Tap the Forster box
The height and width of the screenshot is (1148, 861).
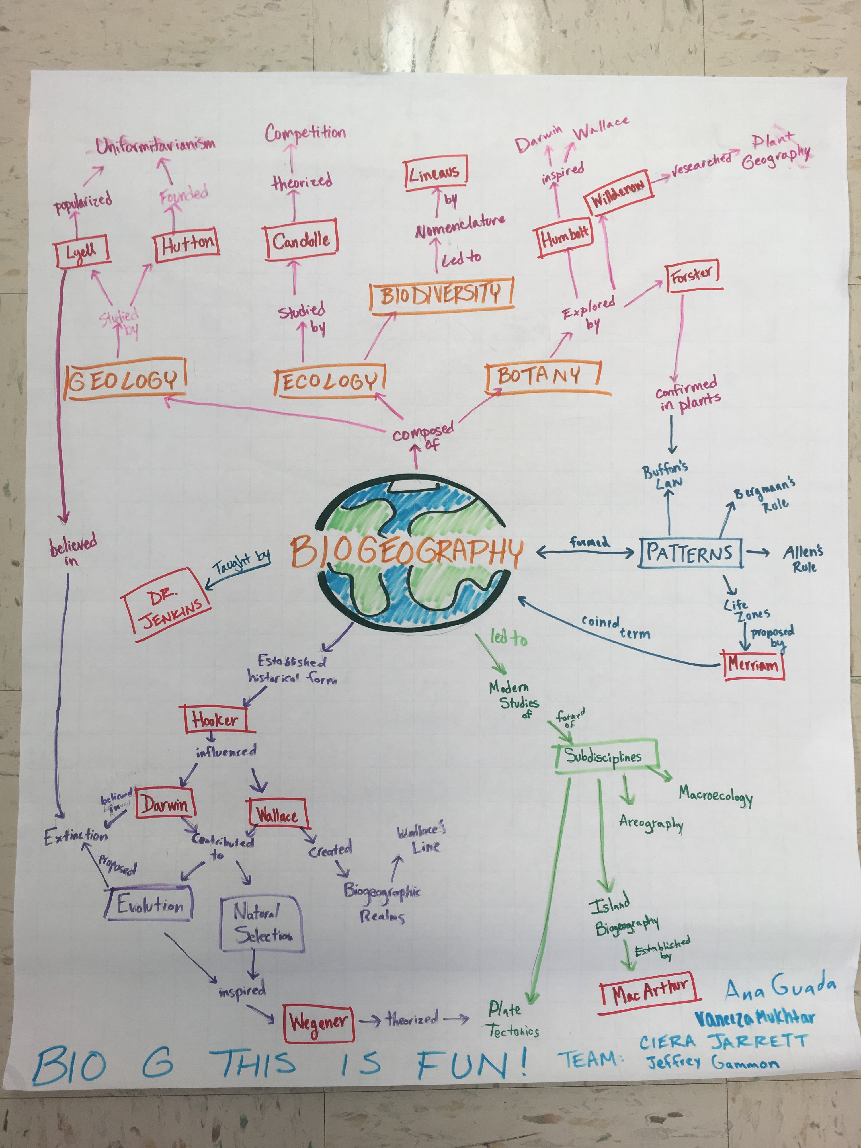point(692,276)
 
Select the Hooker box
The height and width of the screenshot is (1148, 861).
point(215,720)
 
